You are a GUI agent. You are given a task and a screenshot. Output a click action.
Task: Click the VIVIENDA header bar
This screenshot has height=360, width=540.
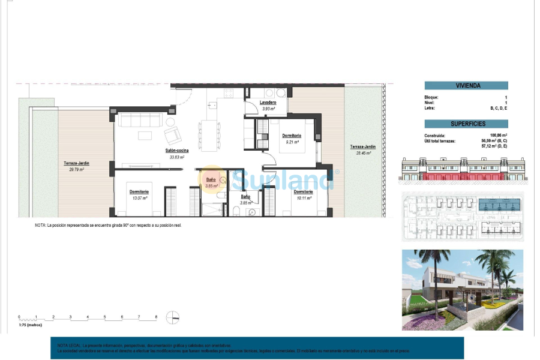point(466,86)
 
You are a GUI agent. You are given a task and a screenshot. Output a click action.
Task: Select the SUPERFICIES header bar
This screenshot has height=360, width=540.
point(466,124)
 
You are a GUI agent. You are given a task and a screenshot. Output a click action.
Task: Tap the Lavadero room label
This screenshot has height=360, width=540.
point(268,103)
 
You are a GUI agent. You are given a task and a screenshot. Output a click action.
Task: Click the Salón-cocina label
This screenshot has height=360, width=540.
point(178,151)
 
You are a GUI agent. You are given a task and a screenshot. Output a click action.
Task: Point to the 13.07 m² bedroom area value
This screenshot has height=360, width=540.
point(139,197)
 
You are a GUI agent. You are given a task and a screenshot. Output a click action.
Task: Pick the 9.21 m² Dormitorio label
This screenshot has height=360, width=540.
point(292,136)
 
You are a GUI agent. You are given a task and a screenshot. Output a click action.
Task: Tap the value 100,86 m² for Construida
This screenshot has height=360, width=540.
point(499,136)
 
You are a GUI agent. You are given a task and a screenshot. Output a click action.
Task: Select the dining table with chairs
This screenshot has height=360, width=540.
point(209,136)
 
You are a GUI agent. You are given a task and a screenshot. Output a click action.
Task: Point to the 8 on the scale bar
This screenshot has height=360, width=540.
point(156,316)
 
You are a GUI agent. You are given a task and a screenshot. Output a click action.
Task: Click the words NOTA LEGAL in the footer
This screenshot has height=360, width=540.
point(68,346)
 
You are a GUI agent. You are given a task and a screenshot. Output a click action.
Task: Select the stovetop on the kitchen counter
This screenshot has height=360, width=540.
point(228,93)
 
